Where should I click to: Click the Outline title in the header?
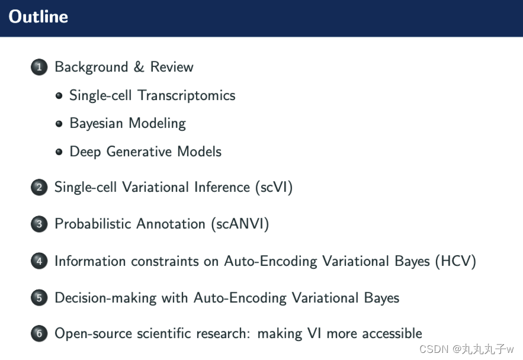pos(38,17)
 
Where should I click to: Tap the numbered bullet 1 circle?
pos(38,67)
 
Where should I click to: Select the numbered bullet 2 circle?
pos(38,188)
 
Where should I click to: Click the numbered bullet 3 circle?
pos(38,224)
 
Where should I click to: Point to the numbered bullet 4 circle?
pos(38,261)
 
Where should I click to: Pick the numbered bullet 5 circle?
pos(38,298)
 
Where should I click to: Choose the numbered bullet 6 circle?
pos(38,335)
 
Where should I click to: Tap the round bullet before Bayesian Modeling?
pos(59,124)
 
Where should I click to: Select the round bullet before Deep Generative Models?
pos(59,152)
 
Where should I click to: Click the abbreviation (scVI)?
pos(273,188)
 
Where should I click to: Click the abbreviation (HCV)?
pos(455,261)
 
